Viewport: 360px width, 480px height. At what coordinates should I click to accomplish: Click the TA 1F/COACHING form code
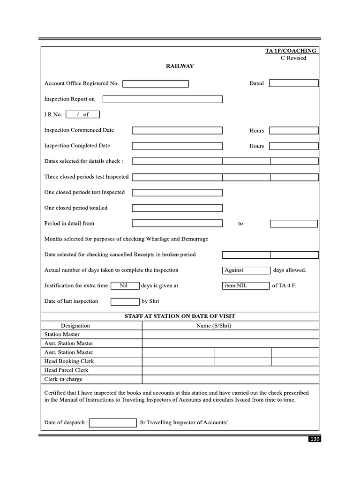click(291, 51)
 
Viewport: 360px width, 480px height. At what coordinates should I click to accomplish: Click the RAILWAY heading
click(180, 66)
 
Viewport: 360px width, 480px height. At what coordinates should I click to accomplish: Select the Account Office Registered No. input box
click(156, 84)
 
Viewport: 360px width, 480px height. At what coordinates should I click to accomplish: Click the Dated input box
click(294, 83)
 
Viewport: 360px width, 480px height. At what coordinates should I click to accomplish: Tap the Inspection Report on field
click(163, 99)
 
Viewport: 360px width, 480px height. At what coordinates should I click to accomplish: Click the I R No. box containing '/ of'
click(83, 114)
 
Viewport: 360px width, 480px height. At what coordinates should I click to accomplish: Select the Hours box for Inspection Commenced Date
click(294, 131)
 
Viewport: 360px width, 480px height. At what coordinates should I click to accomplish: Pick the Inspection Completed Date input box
click(177, 146)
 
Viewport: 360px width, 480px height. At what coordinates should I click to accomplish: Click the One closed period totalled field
click(177, 208)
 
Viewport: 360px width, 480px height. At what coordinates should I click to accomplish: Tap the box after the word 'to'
click(294, 224)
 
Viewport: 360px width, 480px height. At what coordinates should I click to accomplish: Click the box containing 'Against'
click(246, 270)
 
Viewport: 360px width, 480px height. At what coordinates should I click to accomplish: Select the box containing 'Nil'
click(124, 285)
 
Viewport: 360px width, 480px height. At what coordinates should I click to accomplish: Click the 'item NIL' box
click(246, 285)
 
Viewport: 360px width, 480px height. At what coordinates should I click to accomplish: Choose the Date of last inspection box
click(125, 301)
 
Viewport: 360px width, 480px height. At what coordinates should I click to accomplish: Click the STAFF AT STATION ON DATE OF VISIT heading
click(180, 316)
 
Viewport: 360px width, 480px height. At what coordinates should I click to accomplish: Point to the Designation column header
click(75, 326)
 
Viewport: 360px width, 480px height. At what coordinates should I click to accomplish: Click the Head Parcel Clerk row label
click(66, 370)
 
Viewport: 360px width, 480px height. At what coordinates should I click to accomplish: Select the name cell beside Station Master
click(230, 335)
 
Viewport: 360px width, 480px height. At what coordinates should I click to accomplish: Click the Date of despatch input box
click(112, 423)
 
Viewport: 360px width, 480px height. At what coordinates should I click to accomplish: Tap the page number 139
click(314, 439)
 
